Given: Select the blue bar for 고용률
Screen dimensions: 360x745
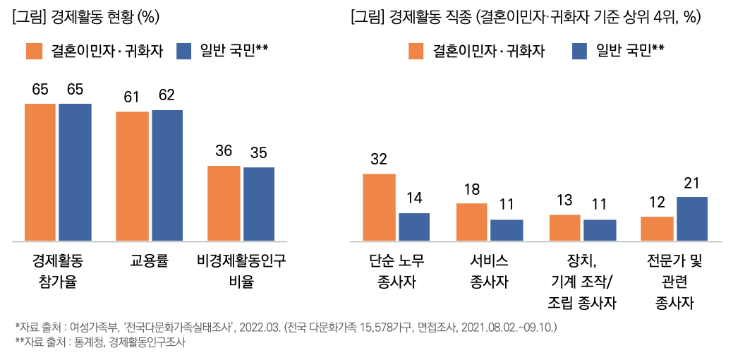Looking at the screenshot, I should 166,176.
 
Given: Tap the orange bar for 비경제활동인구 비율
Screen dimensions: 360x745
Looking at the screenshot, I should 224,204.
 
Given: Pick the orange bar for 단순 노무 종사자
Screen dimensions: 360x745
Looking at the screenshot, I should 379,208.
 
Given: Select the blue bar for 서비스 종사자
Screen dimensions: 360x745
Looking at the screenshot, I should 507,230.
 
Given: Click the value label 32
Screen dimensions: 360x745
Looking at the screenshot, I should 379,160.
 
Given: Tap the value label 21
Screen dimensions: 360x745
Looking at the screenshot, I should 692,183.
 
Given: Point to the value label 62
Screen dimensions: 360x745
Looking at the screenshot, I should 167,96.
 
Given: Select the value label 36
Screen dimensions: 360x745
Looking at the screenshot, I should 224,151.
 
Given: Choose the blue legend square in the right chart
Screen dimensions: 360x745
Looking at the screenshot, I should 580,51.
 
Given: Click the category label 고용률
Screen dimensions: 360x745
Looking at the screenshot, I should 149,262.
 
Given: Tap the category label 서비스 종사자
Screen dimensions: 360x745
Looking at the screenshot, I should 489,272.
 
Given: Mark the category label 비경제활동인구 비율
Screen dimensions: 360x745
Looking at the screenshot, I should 241,272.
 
